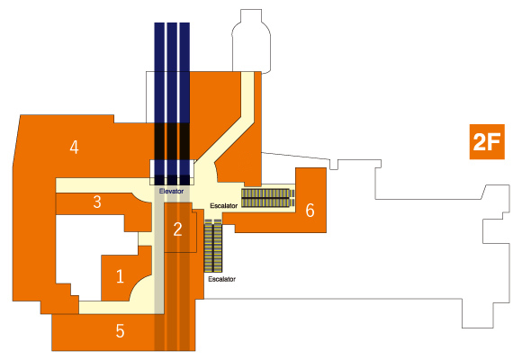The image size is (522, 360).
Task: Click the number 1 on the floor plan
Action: [120, 276]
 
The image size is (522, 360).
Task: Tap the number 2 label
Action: [178, 229]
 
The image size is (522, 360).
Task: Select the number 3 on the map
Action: [97, 202]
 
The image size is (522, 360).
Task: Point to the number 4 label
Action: [74, 148]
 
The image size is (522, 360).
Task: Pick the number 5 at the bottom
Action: [121, 331]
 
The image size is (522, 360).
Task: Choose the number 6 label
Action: [310, 211]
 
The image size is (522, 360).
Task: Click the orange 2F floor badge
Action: [487, 142]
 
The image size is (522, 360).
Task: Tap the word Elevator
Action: [171, 192]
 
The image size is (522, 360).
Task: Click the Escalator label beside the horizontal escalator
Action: [224, 206]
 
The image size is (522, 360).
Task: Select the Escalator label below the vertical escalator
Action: [221, 279]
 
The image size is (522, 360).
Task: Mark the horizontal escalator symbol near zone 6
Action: [268, 198]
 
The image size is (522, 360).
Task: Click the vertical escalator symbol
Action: [213, 246]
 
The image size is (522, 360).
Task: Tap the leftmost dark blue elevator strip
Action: [159, 103]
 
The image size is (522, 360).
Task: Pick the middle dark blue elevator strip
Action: [172, 103]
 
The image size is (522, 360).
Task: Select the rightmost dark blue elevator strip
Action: [184, 103]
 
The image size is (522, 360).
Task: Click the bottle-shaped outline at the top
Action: [251, 41]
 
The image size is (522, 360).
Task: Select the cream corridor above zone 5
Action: [116, 308]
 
